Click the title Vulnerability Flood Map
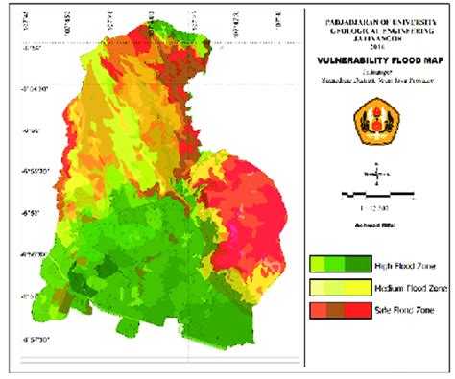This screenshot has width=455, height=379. click(x=377, y=59)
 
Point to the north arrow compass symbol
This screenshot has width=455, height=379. click(x=377, y=176)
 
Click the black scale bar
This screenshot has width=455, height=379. click(x=377, y=194)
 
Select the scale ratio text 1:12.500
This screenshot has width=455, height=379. click(x=377, y=206)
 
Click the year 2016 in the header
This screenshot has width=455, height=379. click(x=377, y=43)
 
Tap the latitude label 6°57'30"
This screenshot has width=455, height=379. click(x=21, y=339)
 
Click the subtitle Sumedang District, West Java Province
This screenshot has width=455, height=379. click(x=377, y=79)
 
